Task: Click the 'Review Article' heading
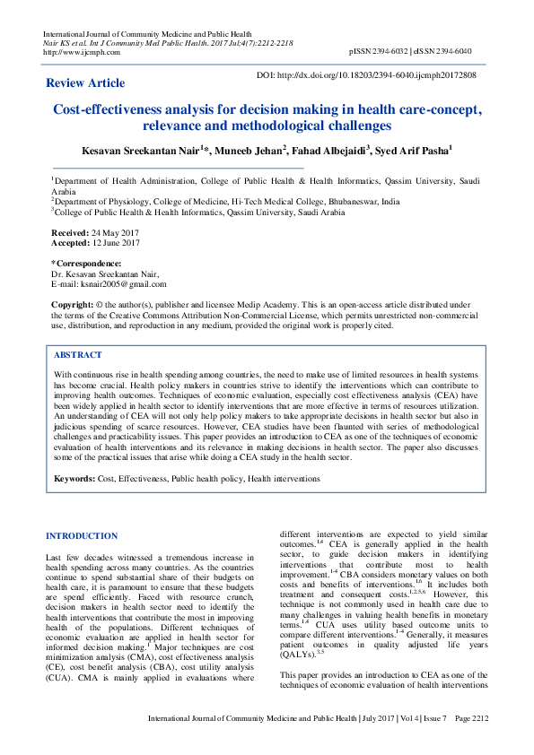tap(85, 83)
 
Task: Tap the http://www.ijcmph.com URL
tap(75, 51)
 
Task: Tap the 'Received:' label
tap(70, 232)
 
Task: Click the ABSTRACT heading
tap(78, 355)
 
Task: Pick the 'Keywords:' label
tap(74, 479)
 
